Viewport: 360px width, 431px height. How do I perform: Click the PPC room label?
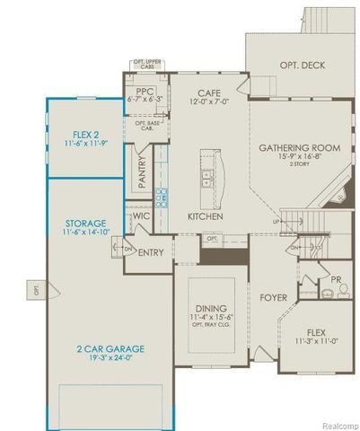click(145, 92)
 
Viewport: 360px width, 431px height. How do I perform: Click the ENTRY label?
click(151, 252)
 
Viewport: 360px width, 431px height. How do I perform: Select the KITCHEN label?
click(205, 217)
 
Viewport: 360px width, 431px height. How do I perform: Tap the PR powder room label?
click(335, 279)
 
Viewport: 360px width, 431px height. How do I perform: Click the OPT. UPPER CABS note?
click(148, 65)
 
